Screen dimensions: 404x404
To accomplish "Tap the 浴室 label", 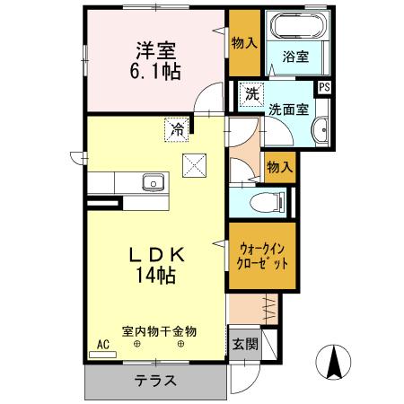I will coord(297,57).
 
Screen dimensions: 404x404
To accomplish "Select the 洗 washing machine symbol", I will coord(252,93).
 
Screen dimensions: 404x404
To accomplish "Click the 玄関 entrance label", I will coord(244,343).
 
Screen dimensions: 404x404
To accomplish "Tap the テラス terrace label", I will coord(155,381).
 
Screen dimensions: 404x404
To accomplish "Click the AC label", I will coord(101,344).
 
